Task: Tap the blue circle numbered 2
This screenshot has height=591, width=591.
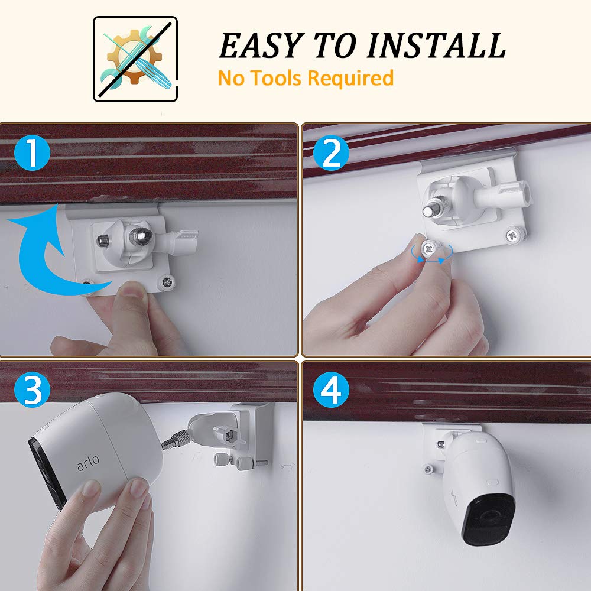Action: tap(332, 155)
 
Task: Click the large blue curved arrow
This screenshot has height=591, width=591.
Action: tap(44, 254)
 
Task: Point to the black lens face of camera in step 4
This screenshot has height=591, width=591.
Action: tap(486, 520)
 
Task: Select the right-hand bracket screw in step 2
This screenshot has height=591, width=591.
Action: tap(512, 236)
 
